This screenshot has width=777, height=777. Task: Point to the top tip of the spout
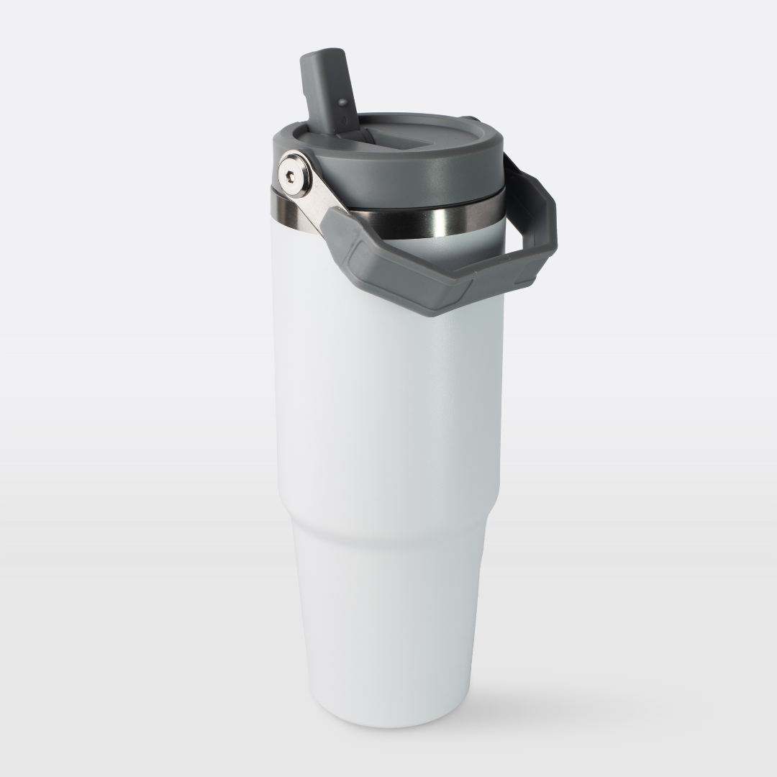[316, 55]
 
